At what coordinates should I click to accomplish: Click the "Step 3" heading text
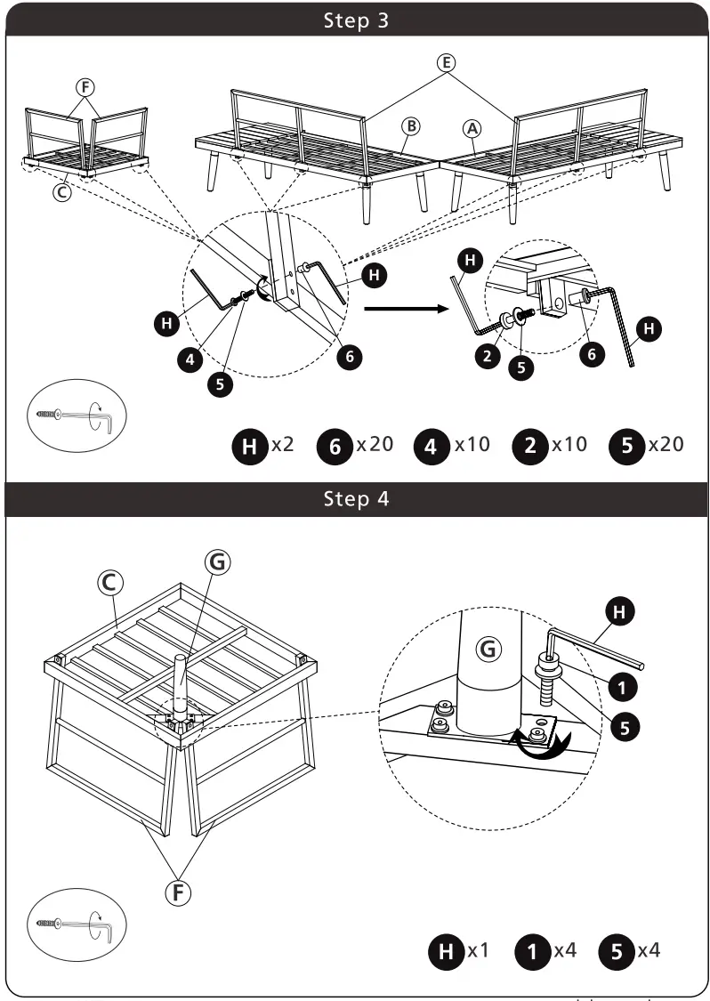(x=355, y=20)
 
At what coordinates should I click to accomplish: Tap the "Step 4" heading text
(x=355, y=498)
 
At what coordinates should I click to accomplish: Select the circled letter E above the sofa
(x=446, y=62)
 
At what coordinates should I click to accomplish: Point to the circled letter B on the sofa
(x=410, y=126)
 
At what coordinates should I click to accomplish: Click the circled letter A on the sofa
(x=473, y=128)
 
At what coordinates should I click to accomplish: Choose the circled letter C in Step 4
(x=109, y=581)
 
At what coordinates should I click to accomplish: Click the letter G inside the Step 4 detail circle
(x=487, y=650)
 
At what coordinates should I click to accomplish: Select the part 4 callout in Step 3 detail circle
(x=189, y=359)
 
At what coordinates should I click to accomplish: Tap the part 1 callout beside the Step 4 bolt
(x=622, y=685)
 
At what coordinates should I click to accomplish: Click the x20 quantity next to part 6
(x=375, y=444)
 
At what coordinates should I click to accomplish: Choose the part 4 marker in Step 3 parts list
(x=432, y=446)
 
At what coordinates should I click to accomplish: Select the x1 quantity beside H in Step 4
(x=479, y=950)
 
